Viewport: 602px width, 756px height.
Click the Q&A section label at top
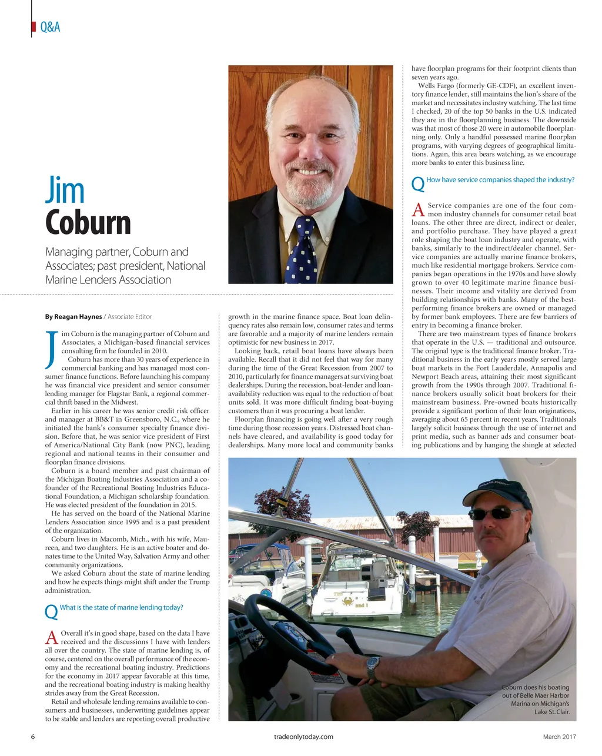[x=50, y=28]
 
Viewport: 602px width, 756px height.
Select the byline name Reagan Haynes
[x=73, y=317]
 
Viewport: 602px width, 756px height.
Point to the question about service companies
[x=500, y=180]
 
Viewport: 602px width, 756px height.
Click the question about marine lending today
[x=122, y=607]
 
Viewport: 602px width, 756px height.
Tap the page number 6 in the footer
[x=33, y=737]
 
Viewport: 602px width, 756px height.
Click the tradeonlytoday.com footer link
[x=303, y=737]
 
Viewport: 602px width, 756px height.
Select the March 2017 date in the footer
[x=559, y=737]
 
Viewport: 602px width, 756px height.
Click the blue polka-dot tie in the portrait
[x=302, y=250]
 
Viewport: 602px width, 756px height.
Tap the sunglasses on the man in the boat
[x=493, y=514]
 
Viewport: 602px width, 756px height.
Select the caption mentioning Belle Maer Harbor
[x=536, y=700]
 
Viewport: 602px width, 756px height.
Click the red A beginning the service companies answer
[x=419, y=209]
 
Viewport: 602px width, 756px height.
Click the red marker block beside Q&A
[x=32, y=28]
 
